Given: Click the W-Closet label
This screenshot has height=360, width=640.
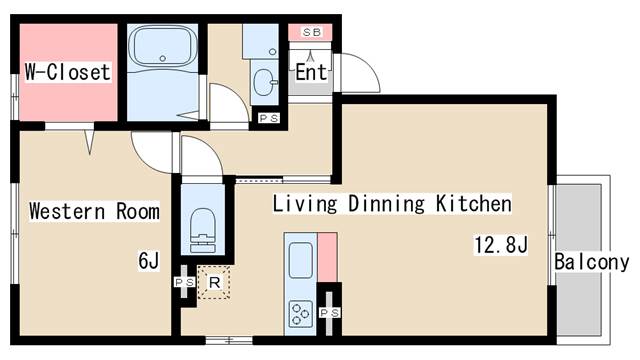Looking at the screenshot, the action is (67, 72).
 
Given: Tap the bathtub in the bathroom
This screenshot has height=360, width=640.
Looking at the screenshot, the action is (162, 46).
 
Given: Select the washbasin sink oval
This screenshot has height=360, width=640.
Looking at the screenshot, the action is (264, 82).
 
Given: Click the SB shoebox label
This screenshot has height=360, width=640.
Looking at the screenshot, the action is (311, 32).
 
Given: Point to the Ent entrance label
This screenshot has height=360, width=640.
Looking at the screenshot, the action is (311, 72).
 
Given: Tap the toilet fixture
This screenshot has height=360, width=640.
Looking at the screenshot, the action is (203, 231).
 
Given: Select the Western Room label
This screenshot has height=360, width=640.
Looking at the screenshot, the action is (94, 211).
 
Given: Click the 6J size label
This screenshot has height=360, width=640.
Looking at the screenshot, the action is (149, 260).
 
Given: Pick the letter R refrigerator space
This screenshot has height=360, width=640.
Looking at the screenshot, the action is (214, 282).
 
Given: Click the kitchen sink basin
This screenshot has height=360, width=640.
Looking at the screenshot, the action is (301, 260).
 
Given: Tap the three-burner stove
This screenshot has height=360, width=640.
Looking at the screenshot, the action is (301, 313).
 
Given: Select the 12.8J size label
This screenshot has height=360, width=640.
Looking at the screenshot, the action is (501, 245).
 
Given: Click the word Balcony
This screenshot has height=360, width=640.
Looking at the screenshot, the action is (591, 262).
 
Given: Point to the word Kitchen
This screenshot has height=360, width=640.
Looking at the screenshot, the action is (473, 203).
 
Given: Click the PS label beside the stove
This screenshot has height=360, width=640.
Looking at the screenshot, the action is (329, 313).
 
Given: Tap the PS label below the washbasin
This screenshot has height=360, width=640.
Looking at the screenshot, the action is (269, 118).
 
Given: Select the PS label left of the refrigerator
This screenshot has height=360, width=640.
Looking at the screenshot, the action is (184, 282).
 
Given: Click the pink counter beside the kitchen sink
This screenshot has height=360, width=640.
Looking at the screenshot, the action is (327, 258).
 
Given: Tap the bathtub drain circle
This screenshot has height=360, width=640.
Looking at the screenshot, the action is (162, 58).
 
